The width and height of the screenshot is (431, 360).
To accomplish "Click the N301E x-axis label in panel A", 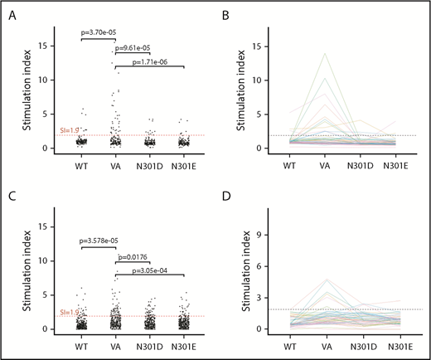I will tap(185, 163).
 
